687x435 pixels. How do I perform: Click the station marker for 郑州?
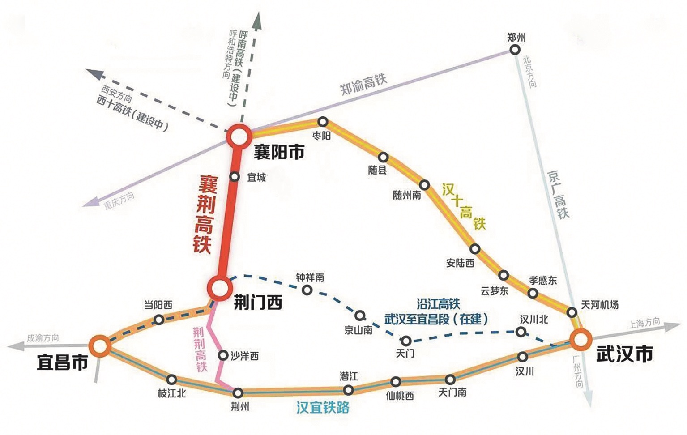point(516,50)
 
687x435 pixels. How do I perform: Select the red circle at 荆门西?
point(220,287)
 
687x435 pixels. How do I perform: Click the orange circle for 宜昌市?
point(99,346)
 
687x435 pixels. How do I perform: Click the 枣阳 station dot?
point(323,122)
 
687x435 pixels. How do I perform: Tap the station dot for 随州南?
point(425,185)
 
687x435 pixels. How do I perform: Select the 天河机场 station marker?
point(572,311)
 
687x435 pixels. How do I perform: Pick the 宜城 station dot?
point(234,177)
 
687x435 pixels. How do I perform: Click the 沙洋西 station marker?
point(223,355)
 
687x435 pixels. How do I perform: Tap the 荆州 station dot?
point(238,393)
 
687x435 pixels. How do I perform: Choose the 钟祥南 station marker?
point(307,290)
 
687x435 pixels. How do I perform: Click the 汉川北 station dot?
point(521,332)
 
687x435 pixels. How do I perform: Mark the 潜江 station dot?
point(349,390)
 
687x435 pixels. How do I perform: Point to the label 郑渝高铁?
point(363,83)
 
